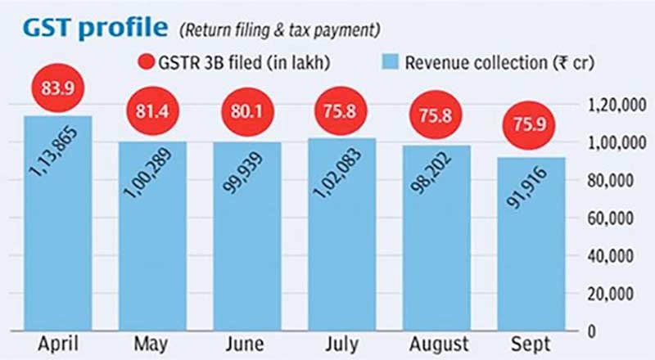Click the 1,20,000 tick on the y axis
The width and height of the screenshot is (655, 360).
(615, 104)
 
